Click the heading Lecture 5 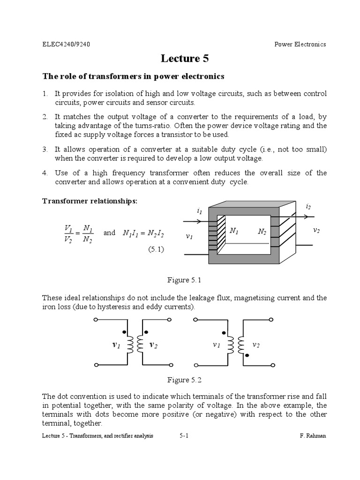pos(185,59)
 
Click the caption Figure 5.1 pos(184,280)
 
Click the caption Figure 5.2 pos(184,380)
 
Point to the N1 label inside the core pos(235,231)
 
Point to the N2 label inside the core pos(262,232)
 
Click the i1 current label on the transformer pos(200,211)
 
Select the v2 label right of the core pos(316,231)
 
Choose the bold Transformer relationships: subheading pos(90,201)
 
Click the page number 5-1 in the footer pos(184,436)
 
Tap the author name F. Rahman pos(313,436)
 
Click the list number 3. pos(45,149)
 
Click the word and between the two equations pos(109,232)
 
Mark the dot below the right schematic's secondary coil pos(247,356)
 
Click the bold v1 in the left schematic pos(116,345)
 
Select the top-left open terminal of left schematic pos(96,320)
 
